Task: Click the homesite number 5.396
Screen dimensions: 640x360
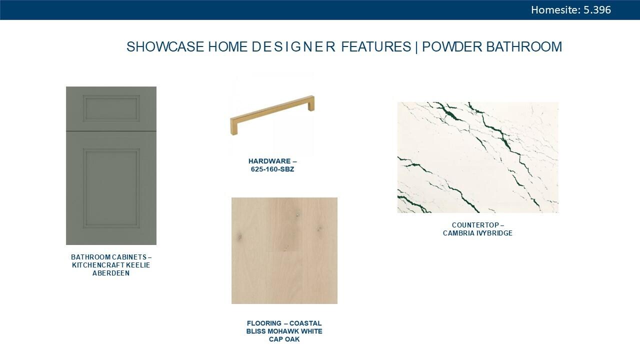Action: tap(597, 10)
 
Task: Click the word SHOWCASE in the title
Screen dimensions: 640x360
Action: tap(165, 47)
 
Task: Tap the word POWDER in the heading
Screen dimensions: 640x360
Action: tap(452, 47)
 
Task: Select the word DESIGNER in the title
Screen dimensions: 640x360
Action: tap(293, 47)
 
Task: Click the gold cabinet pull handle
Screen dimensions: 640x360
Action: tap(272, 115)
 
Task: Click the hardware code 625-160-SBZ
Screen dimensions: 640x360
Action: tap(272, 169)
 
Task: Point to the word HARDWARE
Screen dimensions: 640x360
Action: tap(269, 161)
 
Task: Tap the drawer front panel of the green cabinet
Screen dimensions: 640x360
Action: tap(111, 108)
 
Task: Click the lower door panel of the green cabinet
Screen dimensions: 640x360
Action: tap(111, 188)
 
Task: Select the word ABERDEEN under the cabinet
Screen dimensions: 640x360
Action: tap(111, 273)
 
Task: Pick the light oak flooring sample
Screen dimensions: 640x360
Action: tap(284, 250)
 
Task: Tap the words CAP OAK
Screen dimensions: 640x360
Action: tap(284, 339)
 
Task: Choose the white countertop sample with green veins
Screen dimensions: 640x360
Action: tap(477, 157)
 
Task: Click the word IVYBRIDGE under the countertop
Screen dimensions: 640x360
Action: tap(494, 233)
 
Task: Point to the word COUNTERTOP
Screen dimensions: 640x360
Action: tap(475, 225)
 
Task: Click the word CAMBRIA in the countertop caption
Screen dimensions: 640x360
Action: tap(458, 233)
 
